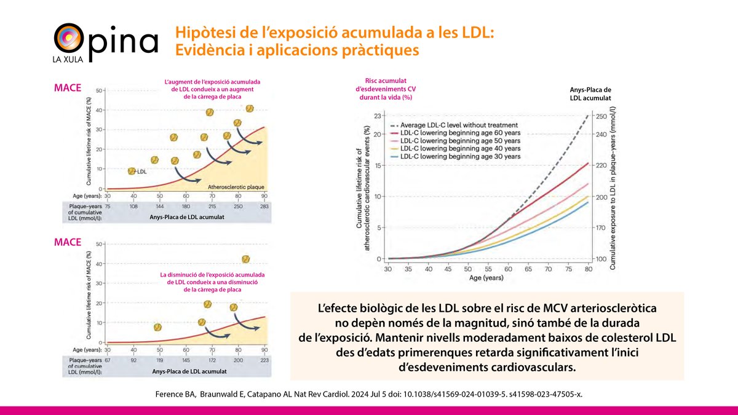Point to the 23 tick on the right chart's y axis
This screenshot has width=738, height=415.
379,116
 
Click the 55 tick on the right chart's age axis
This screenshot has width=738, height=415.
488,269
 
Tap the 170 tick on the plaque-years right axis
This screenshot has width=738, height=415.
602,228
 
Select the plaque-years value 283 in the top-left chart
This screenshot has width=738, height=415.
265,207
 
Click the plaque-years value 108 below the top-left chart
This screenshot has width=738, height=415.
133,207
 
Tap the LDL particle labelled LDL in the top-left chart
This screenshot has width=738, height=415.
132,172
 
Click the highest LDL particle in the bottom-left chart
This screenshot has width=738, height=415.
246,259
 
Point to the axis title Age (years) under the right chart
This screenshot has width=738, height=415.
488,279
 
